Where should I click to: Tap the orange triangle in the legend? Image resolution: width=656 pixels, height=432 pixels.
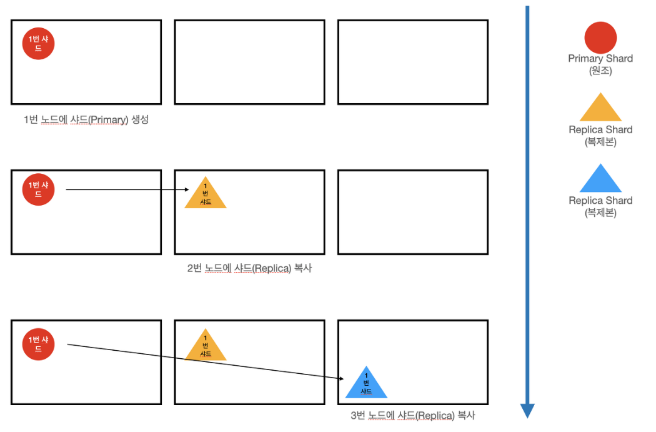(600, 109)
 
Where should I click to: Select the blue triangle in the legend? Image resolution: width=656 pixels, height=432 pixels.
(600, 181)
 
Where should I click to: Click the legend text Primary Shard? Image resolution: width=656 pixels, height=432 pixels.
(600, 59)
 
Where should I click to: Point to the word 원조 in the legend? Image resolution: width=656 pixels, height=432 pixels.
(600, 71)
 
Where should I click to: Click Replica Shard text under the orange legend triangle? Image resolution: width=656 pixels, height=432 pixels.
(600, 130)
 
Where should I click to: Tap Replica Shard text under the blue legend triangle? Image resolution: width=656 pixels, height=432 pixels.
(600, 201)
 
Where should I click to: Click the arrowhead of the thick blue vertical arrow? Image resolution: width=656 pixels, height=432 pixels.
(527, 410)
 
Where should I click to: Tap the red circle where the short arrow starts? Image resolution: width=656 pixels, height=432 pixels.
(39, 189)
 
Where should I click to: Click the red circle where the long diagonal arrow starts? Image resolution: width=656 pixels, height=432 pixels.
(39, 344)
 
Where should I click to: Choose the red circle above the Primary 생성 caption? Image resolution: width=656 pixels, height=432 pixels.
(39, 43)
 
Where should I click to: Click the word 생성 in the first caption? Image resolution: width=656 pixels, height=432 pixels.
(140, 120)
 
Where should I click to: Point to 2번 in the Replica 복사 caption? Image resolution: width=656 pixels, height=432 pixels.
(194, 269)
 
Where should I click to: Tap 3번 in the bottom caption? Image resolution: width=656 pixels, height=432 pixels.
(358, 415)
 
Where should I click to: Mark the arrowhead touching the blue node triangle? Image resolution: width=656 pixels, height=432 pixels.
(343, 379)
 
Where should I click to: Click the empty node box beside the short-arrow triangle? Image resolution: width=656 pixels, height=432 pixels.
(412, 213)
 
